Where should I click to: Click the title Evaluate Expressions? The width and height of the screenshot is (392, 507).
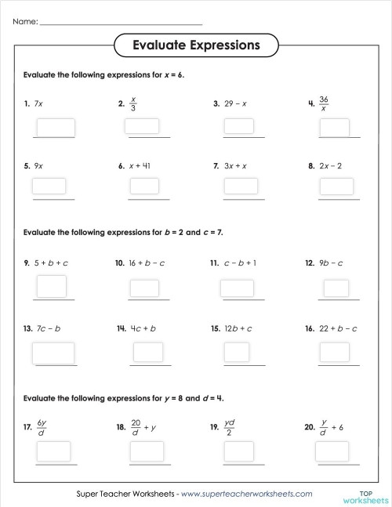pyautogui.click(x=196, y=45)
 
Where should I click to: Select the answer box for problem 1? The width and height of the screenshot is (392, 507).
pyautogui.click(x=55, y=127)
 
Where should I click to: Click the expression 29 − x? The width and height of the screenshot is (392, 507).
pyautogui.click(x=234, y=103)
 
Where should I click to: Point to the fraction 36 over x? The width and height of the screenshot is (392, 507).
pyautogui.click(x=324, y=103)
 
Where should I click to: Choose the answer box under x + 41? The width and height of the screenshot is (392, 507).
pyautogui.click(x=144, y=186)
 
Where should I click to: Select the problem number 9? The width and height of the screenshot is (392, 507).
pyautogui.click(x=27, y=263)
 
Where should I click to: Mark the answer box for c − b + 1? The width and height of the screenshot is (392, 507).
pyautogui.click(x=237, y=288)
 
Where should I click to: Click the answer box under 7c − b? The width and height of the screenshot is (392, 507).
pyautogui.click(x=53, y=353)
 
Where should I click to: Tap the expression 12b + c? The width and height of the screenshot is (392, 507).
pyautogui.click(x=237, y=328)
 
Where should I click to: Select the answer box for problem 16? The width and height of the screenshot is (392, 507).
pyautogui.click(x=336, y=353)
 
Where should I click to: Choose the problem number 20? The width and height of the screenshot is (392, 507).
pyautogui.click(x=309, y=427)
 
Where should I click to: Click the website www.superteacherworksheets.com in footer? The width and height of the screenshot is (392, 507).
pyautogui.click(x=247, y=494)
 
